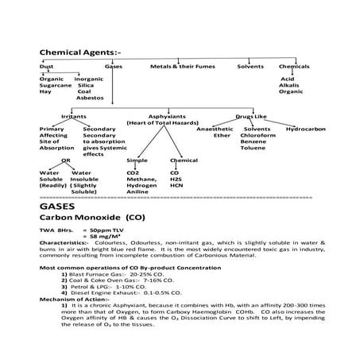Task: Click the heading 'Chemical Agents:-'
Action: point(75,52)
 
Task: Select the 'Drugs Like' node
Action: point(252,116)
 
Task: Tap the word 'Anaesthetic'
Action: point(214,129)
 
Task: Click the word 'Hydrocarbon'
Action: point(307,129)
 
